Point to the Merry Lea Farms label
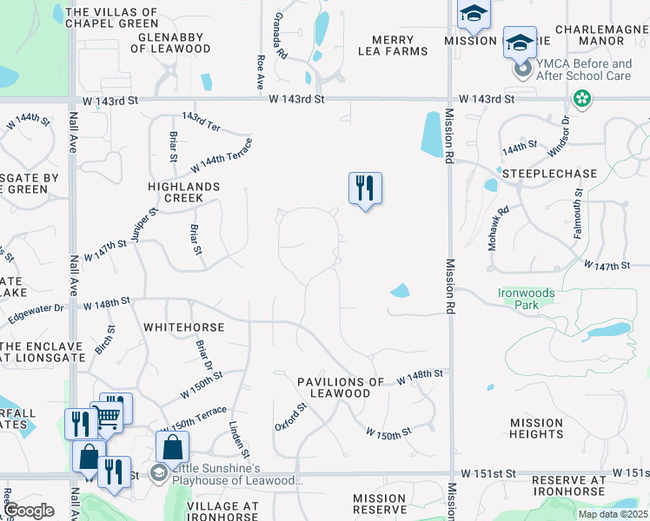tap(393, 45)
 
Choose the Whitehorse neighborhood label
tap(183, 327)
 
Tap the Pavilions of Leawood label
tap(340, 387)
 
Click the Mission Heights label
tap(537, 428)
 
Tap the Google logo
tap(29, 511)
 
